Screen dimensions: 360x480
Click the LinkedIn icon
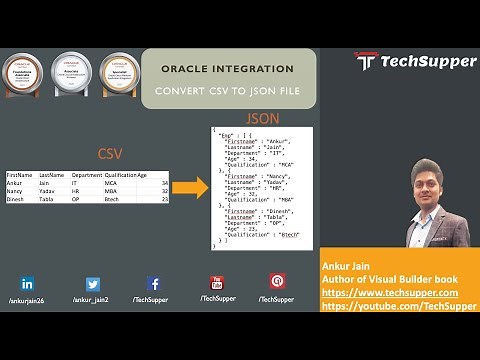tap(27, 284)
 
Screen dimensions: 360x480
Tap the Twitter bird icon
tap(93, 284)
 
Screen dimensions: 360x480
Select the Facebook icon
tap(154, 284)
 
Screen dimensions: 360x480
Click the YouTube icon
tap(216, 283)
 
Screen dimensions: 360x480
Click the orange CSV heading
tap(110, 155)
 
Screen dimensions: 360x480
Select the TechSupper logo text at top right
tap(415, 61)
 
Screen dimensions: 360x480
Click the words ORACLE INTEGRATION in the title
tap(228, 70)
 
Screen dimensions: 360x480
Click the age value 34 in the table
tap(163, 183)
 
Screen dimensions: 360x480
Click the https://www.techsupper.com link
tap(389, 292)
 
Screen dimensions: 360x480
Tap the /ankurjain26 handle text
tap(27, 300)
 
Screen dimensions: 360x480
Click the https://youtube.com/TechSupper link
tap(398, 305)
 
